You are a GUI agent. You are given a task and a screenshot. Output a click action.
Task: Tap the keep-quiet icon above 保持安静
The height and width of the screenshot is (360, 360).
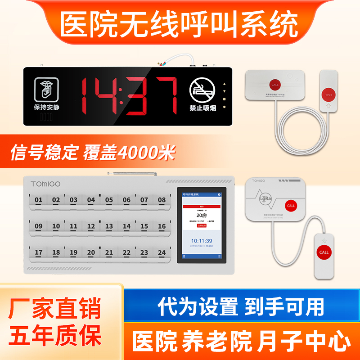pos(45,90)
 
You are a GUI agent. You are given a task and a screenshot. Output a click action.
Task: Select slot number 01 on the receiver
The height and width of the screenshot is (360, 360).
pos(38,200)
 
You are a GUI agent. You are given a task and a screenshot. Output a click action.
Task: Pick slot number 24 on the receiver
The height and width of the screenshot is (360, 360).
pos(162,253)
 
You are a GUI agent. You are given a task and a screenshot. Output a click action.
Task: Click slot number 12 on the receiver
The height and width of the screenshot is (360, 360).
pos(91,226)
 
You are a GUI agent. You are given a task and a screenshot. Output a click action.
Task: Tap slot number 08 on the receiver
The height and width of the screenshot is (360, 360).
pos(162,200)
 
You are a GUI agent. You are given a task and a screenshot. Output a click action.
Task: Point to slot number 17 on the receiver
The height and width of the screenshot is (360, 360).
pos(38,253)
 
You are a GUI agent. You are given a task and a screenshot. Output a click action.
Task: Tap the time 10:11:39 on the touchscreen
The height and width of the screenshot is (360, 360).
pos(201,241)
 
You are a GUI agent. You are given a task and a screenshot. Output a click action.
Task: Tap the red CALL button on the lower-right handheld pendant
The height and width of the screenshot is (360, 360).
pos(324,252)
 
